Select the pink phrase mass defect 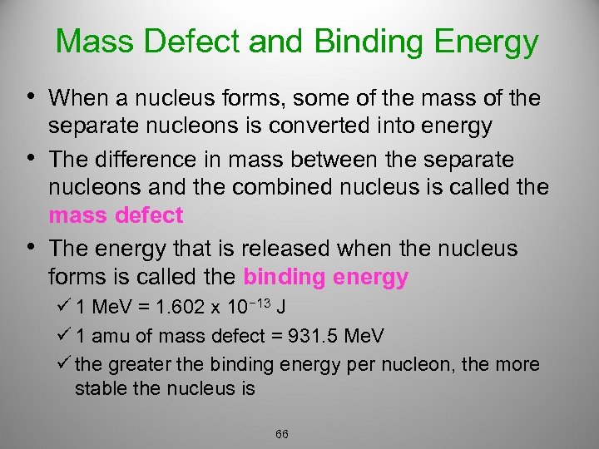(x=116, y=215)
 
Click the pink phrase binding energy (x=325, y=277)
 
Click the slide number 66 (x=282, y=434)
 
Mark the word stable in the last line (x=98, y=387)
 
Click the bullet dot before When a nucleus (x=32, y=97)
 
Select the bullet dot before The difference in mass (x=32, y=157)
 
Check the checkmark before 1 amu (x=65, y=336)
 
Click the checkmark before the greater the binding (x=65, y=364)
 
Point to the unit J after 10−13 (x=283, y=308)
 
